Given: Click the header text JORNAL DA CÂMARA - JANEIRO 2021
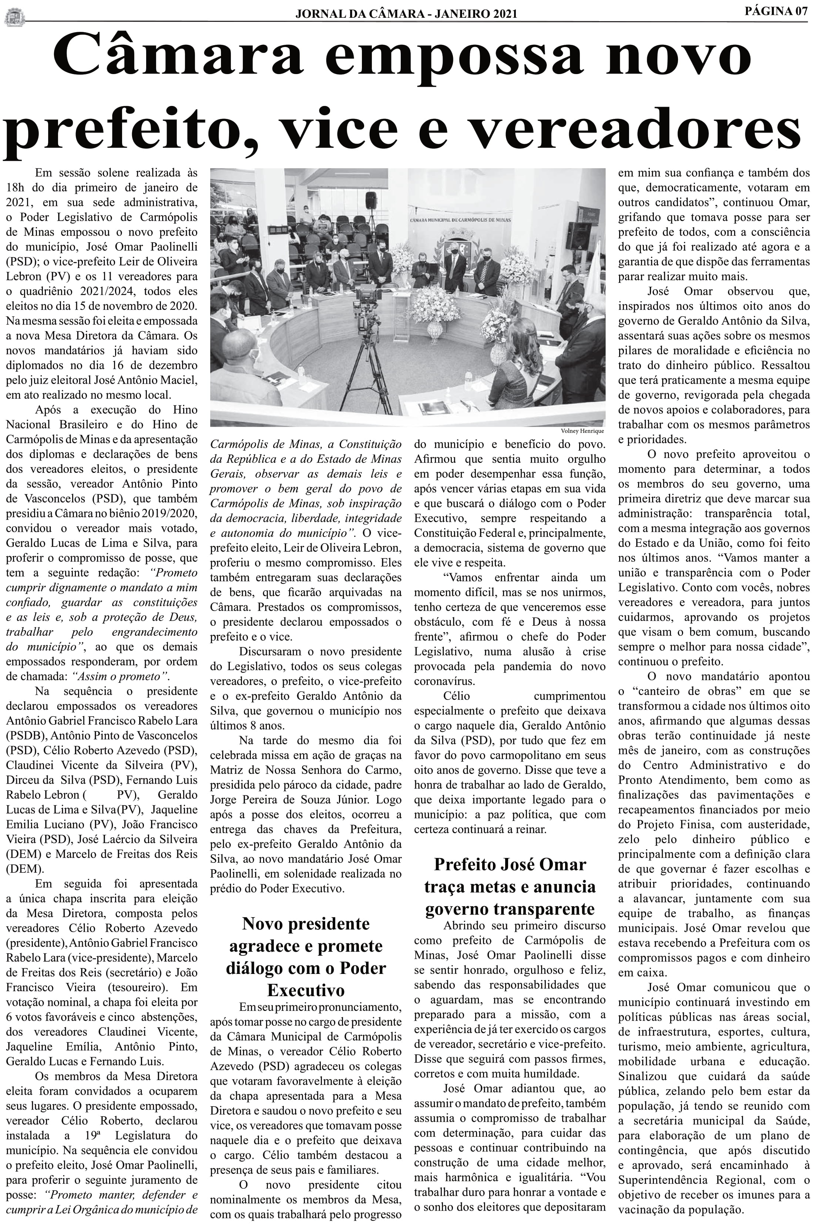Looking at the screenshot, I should pos(406,14).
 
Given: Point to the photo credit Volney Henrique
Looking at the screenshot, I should pos(582,431).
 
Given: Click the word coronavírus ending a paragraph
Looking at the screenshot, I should pos(444,681).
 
